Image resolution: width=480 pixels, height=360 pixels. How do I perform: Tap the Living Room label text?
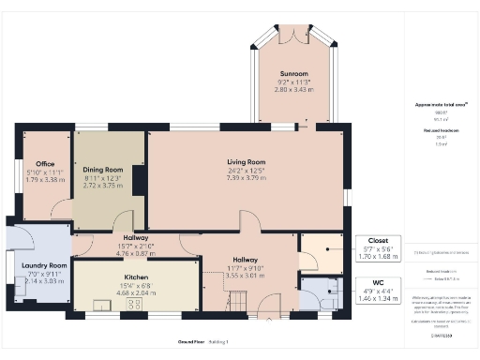click(247, 162)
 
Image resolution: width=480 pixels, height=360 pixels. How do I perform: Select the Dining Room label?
click(109, 170)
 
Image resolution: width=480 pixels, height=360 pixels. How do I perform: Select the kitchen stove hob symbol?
click(134, 303)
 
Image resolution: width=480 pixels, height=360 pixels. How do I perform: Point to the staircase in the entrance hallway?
click(237, 301)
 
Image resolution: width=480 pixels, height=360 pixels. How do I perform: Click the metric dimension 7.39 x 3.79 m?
click(247, 177)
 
